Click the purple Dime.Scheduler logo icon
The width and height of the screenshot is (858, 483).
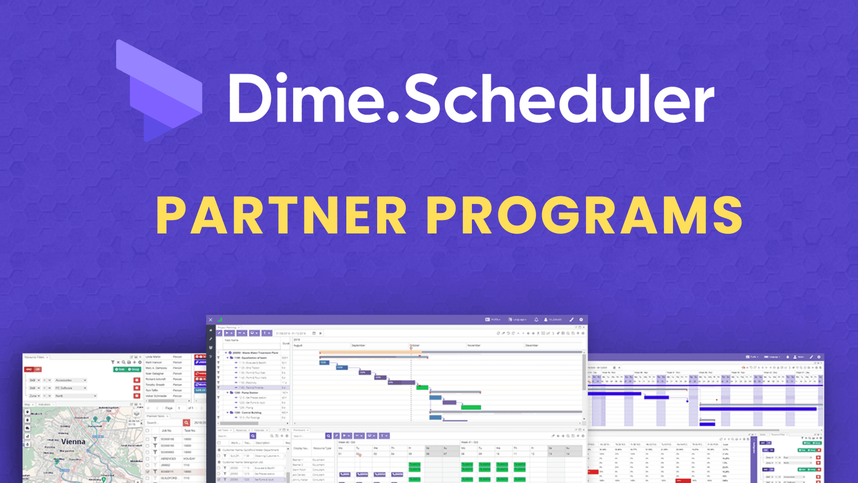(x=159, y=89)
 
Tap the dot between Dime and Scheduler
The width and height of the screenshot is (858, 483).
(x=392, y=117)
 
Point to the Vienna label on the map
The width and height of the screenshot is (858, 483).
(x=73, y=441)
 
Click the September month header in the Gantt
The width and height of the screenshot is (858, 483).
(x=358, y=345)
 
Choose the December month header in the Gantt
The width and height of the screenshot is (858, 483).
(x=531, y=345)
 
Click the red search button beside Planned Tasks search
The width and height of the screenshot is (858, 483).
(x=186, y=423)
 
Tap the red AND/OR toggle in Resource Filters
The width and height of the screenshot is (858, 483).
(x=33, y=369)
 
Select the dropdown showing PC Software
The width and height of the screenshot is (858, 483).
(x=70, y=388)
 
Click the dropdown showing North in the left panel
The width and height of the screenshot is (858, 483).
(x=76, y=396)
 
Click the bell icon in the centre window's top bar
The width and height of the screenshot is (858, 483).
(x=536, y=320)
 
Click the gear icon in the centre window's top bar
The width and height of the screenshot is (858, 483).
(x=581, y=320)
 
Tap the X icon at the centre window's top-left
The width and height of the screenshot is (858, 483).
(x=210, y=320)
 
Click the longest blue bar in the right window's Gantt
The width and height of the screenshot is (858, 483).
(x=757, y=409)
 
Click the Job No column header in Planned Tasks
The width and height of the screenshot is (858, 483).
(x=167, y=431)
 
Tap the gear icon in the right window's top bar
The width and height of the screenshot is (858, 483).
(x=819, y=357)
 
